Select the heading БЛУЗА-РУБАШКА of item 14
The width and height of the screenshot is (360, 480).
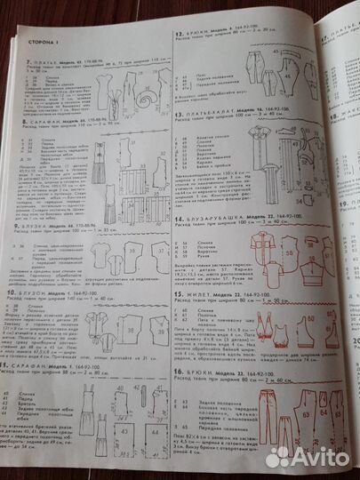coord(212,218)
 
